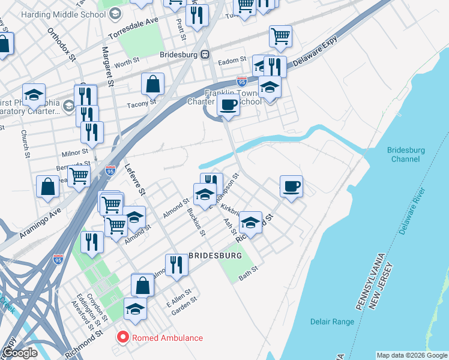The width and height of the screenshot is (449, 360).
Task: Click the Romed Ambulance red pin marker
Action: coord(124,338)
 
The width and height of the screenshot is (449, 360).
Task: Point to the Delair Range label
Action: coord(332,322)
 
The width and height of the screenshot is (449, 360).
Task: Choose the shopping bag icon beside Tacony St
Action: coord(153,84)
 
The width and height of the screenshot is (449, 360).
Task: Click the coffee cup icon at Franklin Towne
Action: coord(228,104)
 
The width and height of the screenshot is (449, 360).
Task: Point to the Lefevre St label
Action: coord(135,179)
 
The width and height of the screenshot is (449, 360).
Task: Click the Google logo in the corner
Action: coord(20,353)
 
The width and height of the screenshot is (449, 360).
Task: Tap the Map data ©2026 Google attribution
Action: coord(411,355)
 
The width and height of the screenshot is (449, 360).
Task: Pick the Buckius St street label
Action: coord(196,222)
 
